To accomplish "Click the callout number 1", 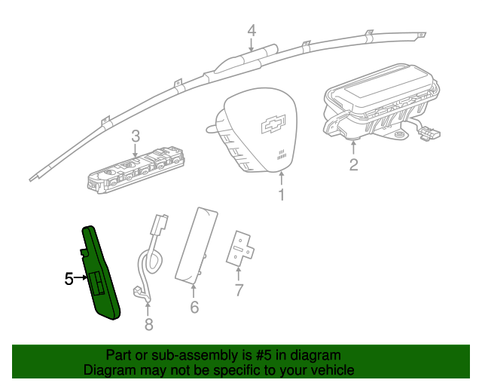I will (281, 196).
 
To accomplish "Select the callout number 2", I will (353, 164).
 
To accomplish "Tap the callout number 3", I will (136, 136).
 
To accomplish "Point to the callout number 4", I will (252, 30).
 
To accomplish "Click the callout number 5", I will (69, 279).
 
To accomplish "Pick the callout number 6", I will (194, 308).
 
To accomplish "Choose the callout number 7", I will (239, 289).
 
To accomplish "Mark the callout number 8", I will (148, 324).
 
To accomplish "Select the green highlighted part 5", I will (101, 271).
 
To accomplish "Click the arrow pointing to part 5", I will (81, 279).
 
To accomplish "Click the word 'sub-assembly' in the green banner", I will (182, 355).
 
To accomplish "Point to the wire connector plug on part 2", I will (429, 133).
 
